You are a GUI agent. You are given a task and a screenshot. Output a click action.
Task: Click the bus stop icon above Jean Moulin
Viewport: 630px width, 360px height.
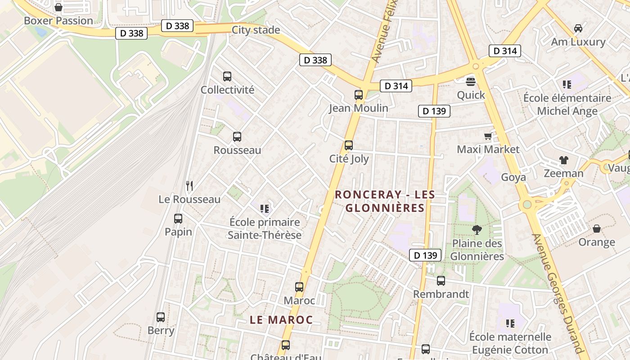click(359, 95)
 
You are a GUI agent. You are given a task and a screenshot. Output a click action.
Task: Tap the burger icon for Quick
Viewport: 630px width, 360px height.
click(471, 82)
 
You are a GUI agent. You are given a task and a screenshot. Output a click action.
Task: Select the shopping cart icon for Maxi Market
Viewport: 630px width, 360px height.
click(488, 136)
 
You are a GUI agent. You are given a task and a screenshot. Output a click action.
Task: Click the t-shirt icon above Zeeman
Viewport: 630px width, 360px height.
click(563, 160)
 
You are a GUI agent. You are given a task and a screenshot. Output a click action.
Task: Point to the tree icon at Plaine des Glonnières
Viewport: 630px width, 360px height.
click(477, 230)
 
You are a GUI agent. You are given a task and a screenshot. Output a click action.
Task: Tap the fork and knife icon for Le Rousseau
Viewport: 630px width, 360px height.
click(189, 185)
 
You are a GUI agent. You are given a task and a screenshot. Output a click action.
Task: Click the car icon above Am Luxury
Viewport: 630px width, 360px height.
click(578, 28)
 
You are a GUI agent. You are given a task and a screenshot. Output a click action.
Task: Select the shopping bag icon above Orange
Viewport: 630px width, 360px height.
click(597, 229)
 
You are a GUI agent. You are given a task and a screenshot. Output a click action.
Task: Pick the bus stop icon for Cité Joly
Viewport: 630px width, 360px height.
click(349, 145)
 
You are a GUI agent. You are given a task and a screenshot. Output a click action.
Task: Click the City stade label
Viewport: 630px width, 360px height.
click(256, 30)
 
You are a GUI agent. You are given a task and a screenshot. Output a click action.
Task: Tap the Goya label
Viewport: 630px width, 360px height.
click(513, 177)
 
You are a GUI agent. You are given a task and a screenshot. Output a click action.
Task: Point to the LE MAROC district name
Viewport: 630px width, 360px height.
click(281, 320)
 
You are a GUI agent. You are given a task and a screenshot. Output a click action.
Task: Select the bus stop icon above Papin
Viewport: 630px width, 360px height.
click(178, 219)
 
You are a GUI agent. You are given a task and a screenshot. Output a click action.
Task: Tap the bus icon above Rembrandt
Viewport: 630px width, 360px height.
click(441, 281)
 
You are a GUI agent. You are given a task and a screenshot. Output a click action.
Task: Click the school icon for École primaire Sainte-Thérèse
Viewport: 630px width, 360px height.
click(265, 208)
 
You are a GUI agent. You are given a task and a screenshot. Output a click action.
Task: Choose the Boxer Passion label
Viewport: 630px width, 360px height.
click(58, 21)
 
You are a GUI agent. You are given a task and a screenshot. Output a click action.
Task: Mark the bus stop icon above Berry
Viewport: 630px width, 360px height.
click(161, 317)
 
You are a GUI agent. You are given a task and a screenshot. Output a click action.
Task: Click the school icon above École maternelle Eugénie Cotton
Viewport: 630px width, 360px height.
click(510, 323)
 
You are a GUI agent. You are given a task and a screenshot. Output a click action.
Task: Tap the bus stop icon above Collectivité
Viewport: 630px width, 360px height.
click(227, 76)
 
